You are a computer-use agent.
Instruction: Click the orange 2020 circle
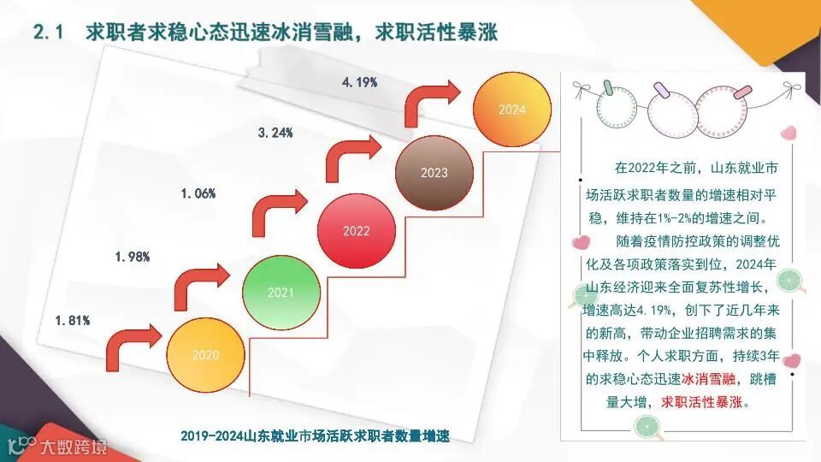[x=205, y=354]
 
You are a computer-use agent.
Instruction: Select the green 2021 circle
[x=281, y=293]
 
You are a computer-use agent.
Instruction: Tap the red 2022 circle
[x=356, y=231]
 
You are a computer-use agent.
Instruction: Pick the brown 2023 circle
[x=434, y=173]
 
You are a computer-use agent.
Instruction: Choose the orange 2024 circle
[x=511, y=110]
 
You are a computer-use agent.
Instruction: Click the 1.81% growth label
[x=73, y=321]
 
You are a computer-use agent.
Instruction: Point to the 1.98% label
[x=133, y=257]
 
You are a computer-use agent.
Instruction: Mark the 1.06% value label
[x=198, y=194]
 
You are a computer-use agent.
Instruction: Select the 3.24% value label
[x=275, y=133]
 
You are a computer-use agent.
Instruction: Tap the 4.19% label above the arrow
[x=359, y=82]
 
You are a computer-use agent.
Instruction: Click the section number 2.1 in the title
[x=49, y=33]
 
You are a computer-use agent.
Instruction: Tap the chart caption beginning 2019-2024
[x=315, y=435]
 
